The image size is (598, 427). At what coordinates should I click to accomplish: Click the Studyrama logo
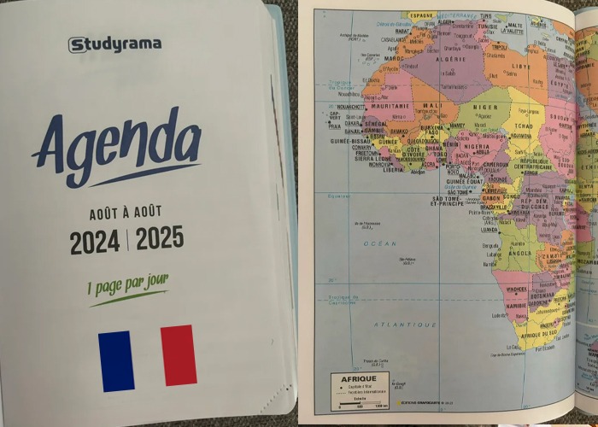point(114,44)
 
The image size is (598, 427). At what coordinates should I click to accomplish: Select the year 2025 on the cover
point(160,238)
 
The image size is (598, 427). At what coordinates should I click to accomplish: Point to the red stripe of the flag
point(179,354)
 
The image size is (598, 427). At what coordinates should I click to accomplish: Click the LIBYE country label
point(520,67)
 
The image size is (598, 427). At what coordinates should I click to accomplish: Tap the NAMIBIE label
point(516,306)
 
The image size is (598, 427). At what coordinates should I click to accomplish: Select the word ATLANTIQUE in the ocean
point(410,324)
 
